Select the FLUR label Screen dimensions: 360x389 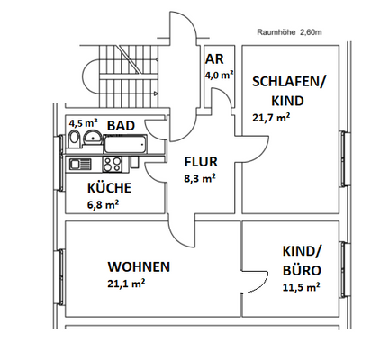pyautogui.click(x=199, y=163)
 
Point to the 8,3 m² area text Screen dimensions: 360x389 pyautogui.click(x=199, y=179)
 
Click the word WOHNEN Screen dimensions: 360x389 pyautogui.click(x=140, y=267)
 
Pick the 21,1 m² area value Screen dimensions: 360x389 pyautogui.click(x=127, y=283)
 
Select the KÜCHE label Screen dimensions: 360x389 pyautogui.click(x=110, y=188)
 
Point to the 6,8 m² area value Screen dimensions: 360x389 pyautogui.click(x=104, y=204)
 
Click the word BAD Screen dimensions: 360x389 pyautogui.click(x=122, y=125)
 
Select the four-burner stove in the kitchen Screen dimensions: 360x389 pyautogui.click(x=113, y=165)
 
